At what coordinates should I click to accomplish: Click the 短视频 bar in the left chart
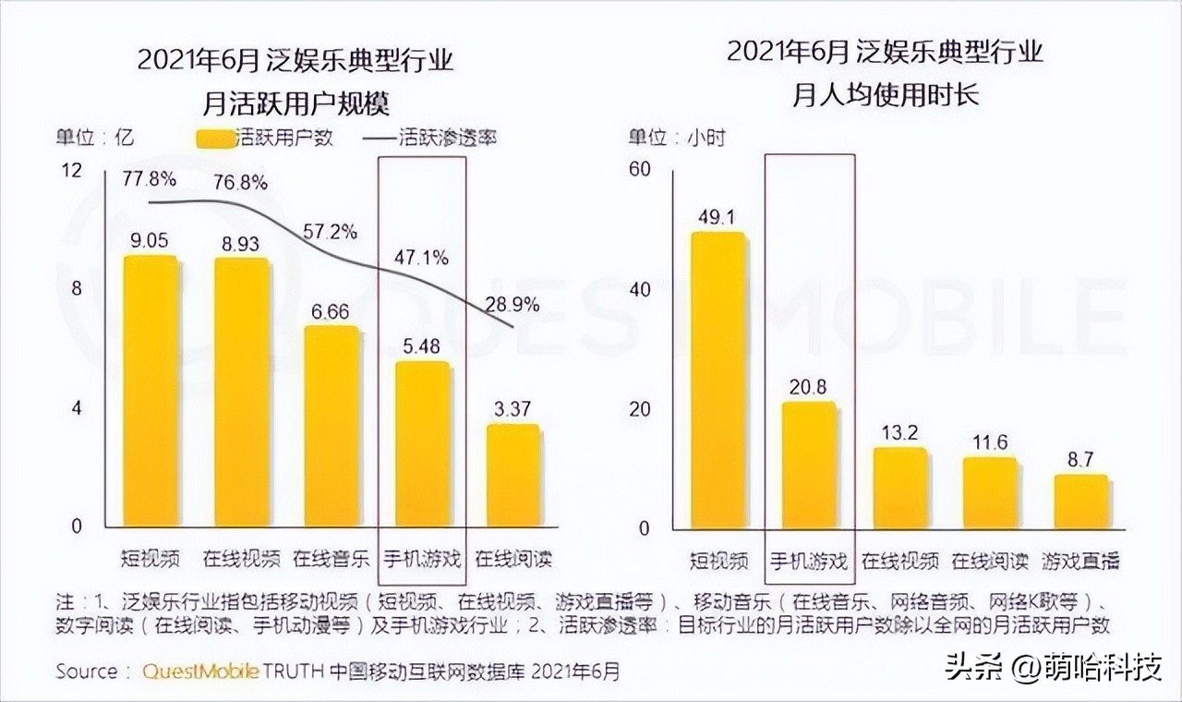(151, 392)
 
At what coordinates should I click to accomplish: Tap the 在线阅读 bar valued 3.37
(513, 476)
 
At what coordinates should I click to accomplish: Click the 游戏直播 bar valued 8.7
(1080, 502)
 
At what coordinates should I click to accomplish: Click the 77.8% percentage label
(151, 177)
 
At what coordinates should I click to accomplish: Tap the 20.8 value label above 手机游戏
(808, 387)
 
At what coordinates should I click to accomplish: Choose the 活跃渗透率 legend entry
(434, 139)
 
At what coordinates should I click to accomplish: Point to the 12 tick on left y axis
(71, 170)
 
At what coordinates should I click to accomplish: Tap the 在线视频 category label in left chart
(241, 559)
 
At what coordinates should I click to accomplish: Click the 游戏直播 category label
(1080, 561)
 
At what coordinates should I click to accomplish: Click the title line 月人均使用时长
(885, 95)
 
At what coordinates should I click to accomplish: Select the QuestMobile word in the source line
(199, 672)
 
